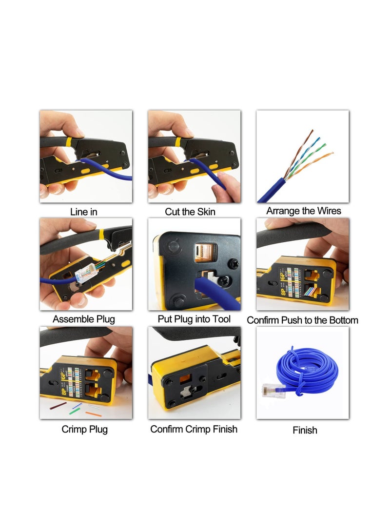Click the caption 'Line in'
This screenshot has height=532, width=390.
pyautogui.click(x=84, y=212)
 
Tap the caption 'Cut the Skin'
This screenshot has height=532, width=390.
pyautogui.click(x=190, y=212)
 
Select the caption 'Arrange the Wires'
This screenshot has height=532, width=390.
pyautogui.click(x=304, y=211)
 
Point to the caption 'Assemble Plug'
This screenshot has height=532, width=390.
pyautogui.click(x=84, y=320)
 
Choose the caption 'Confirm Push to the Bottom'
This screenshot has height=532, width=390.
pyautogui.click(x=302, y=320)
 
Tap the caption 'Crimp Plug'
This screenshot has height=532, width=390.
pyautogui.click(x=85, y=430)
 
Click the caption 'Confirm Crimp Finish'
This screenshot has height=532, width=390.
pyautogui.click(x=194, y=429)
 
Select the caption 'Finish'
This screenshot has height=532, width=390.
pyautogui.click(x=305, y=430)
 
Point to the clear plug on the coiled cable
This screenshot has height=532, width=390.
pyautogui.click(x=273, y=390)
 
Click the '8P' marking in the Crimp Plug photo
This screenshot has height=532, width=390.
pyautogui.click(x=64, y=392)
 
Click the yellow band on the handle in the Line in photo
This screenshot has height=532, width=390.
pyautogui.click(x=69, y=142)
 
